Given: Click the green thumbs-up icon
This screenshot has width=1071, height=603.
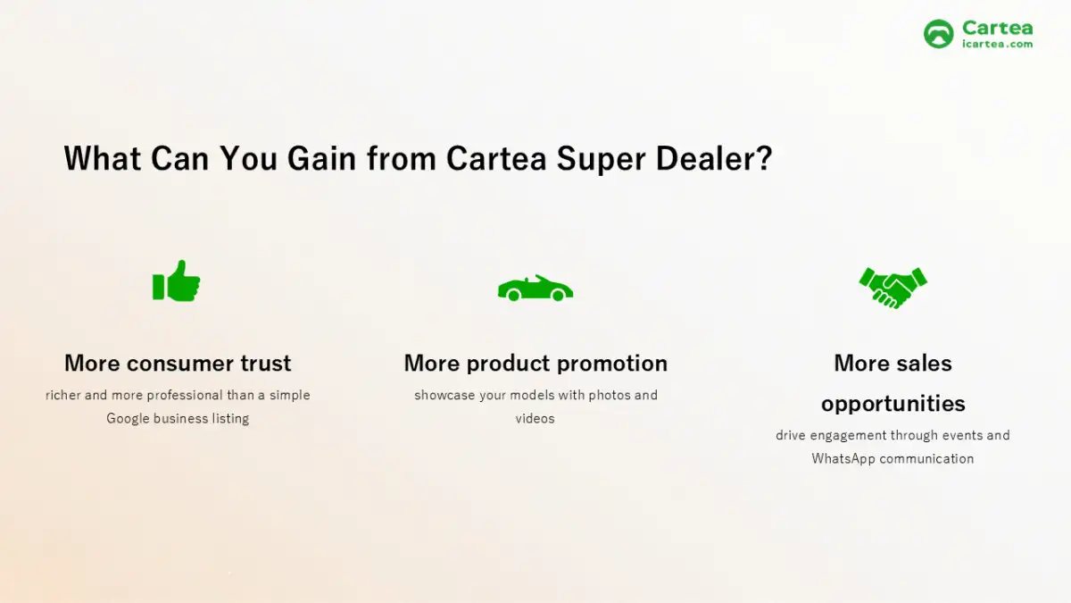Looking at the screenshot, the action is point(177,281).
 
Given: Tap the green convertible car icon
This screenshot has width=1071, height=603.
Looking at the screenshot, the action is point(535,289).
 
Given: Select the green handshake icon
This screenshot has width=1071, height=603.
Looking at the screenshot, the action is point(893,288).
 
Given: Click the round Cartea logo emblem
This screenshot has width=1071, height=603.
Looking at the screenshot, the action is point(939,34).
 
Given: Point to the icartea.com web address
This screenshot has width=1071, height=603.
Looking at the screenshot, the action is point(998,44).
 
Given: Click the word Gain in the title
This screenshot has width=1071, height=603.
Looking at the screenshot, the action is point(321,158).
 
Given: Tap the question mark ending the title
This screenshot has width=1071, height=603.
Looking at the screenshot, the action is point(764,158).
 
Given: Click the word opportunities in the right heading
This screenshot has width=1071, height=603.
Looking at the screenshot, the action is point(893,404).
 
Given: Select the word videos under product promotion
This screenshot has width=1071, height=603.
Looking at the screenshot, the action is point(535,419).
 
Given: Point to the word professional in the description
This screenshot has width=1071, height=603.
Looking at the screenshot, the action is point(185,395).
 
